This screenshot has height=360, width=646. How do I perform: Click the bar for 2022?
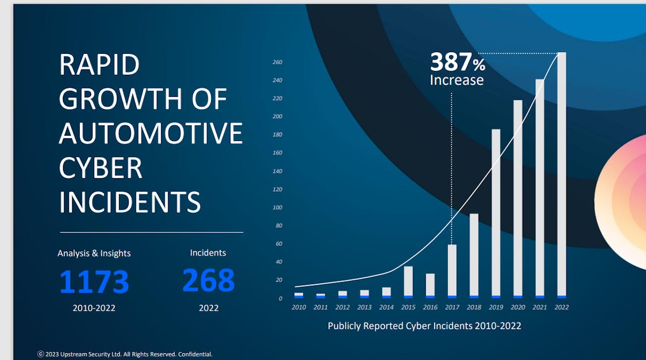coord(561,175)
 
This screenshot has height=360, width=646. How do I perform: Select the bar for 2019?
coord(496,213)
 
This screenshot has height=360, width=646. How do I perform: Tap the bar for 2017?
coord(452,271)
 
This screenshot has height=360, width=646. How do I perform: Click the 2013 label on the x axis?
coord(364,307)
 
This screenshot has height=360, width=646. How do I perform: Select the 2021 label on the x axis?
coord(539,307)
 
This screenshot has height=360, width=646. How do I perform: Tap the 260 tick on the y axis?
coord(277,62)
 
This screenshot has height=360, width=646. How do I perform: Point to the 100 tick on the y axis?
coord(277,208)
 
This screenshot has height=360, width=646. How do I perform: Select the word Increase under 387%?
coord(457,80)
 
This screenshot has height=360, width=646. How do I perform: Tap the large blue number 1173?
coord(94,282)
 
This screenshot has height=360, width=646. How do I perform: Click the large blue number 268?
coord(208,280)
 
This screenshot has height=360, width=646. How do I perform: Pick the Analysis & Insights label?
coord(94,253)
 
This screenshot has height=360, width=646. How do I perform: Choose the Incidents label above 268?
coord(208,252)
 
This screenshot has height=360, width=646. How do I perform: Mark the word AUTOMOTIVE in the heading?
coord(151,133)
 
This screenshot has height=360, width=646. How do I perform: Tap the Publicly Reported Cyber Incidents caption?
coord(424,326)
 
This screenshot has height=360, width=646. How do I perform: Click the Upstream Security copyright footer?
coord(125,354)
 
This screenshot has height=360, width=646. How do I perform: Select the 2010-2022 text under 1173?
coord(94,308)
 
